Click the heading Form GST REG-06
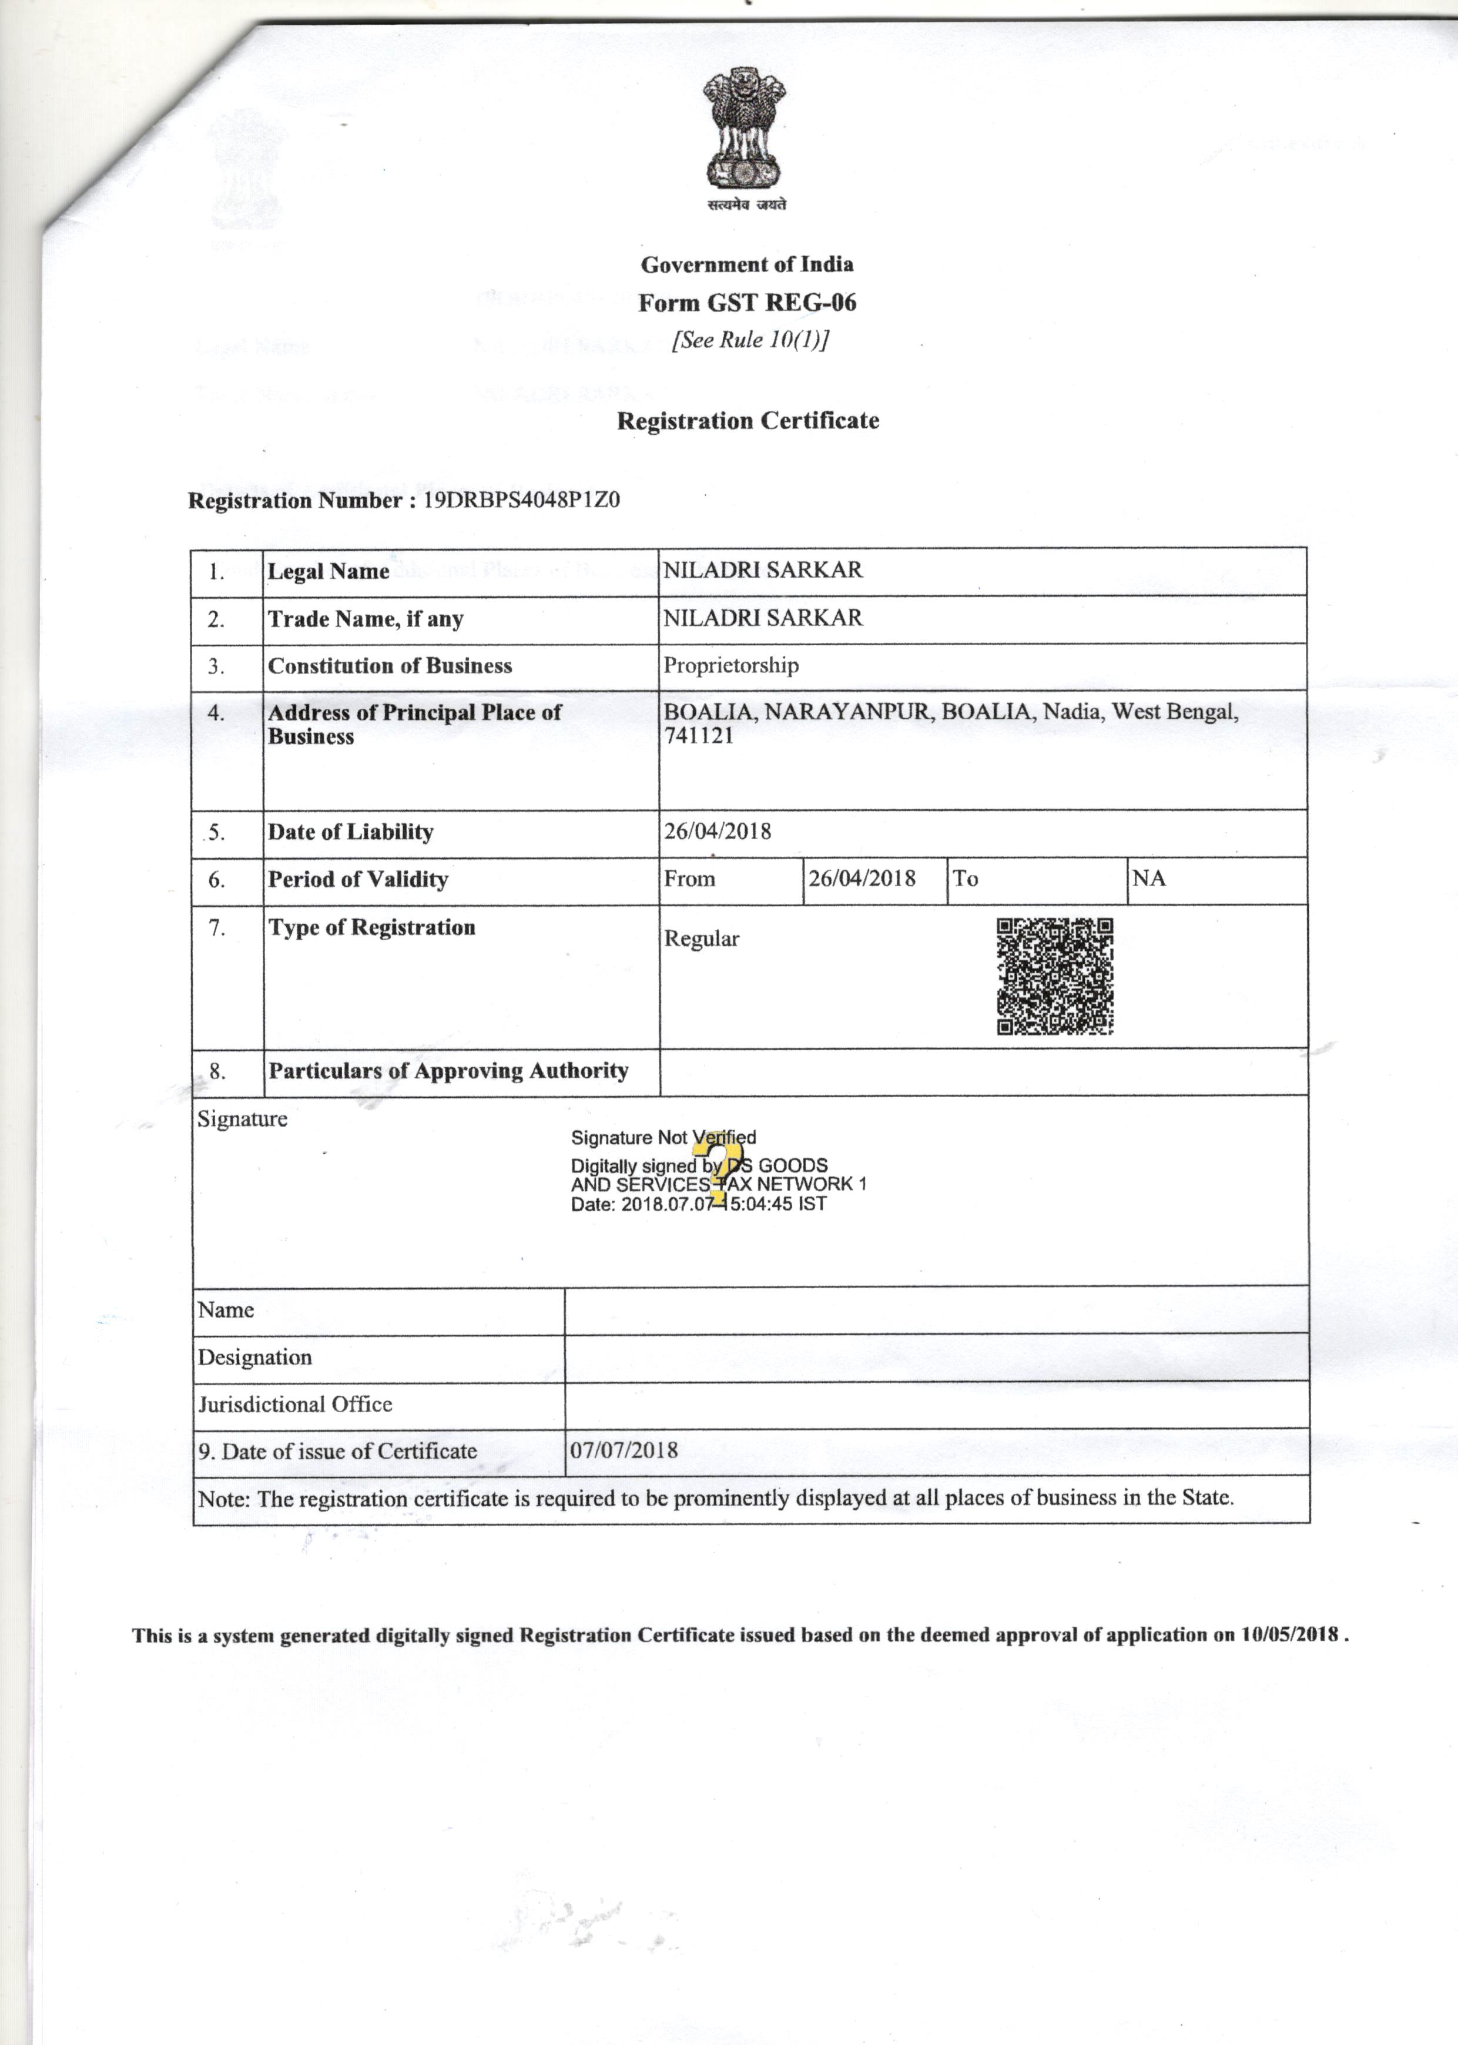(747, 303)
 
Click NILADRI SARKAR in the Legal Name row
(762, 570)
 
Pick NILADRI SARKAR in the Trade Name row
(762, 618)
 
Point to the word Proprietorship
(731, 665)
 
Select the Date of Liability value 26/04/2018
(718, 831)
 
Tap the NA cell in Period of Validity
(1148, 878)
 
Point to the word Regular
(701, 939)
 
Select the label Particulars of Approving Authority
(448, 1070)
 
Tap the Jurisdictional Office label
(296, 1404)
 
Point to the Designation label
(255, 1356)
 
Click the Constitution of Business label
(390, 665)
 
